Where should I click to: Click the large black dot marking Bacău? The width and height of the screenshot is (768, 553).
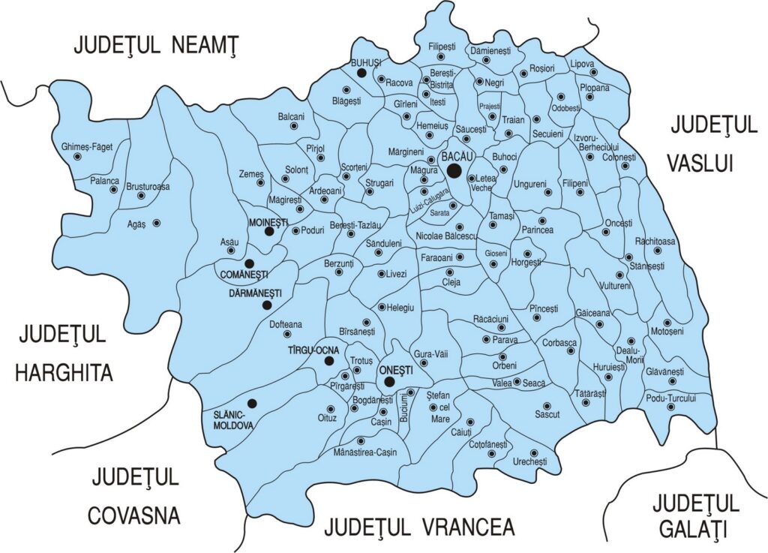point(454,171)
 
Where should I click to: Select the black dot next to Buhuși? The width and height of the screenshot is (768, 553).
point(361,74)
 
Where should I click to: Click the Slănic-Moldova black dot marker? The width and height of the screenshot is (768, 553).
point(253,403)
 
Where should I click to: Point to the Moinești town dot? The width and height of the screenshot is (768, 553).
point(268,232)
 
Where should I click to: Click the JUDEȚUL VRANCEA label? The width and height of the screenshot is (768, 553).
point(419,527)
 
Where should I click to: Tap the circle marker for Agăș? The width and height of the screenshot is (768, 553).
point(157,223)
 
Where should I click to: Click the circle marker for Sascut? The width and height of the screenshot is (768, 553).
point(547,406)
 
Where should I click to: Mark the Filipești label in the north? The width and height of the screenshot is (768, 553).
point(442,47)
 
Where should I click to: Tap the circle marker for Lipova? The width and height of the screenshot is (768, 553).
point(593,74)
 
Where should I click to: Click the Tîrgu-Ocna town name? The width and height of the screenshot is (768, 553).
point(314,350)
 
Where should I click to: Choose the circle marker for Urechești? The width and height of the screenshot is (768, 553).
point(534,452)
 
